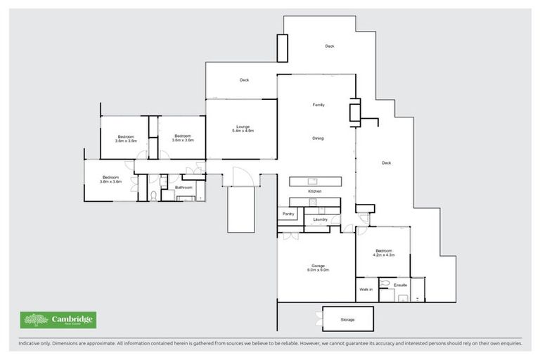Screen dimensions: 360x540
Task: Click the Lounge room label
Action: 243,127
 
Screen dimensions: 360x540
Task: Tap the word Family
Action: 318,105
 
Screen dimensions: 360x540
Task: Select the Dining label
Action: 318,139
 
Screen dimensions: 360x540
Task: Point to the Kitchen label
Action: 314,191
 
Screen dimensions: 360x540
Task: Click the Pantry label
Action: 288,214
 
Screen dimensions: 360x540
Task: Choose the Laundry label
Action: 321,219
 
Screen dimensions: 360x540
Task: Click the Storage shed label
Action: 347,320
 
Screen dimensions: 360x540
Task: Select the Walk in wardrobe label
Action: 366,289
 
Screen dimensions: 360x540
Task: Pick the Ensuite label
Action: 401,285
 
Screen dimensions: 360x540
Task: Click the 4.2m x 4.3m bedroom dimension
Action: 384,255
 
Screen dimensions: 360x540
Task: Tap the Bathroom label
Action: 184,188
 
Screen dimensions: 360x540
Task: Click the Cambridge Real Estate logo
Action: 58,321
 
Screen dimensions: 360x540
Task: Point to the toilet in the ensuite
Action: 384,285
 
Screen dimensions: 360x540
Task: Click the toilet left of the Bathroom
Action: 153,195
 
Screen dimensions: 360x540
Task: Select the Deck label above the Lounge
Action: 244,80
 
